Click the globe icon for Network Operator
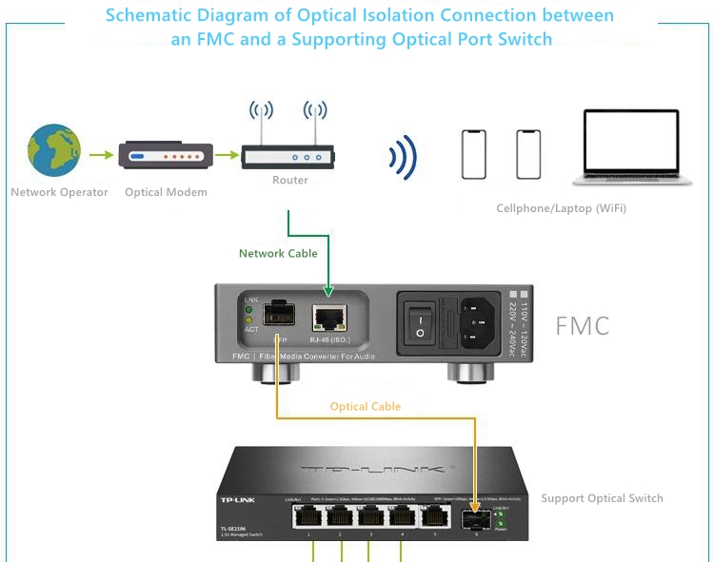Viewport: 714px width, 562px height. [x=53, y=151]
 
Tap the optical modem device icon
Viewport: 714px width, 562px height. [x=166, y=155]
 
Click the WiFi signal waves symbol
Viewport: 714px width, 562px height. [x=404, y=156]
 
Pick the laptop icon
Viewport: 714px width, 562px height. [x=631, y=148]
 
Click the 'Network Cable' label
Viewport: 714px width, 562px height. [x=278, y=254]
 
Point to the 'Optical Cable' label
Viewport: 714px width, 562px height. [x=366, y=407]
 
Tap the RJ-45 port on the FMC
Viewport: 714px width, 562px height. [x=328, y=318]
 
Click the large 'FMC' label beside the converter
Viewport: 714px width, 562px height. [x=582, y=326]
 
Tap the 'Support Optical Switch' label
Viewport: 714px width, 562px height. [x=602, y=498]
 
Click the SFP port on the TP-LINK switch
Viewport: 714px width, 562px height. [x=474, y=520]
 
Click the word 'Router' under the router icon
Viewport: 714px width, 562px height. [x=290, y=181]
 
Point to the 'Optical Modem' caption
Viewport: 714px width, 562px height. [x=166, y=192]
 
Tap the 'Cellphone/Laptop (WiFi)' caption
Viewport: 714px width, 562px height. [x=562, y=208]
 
